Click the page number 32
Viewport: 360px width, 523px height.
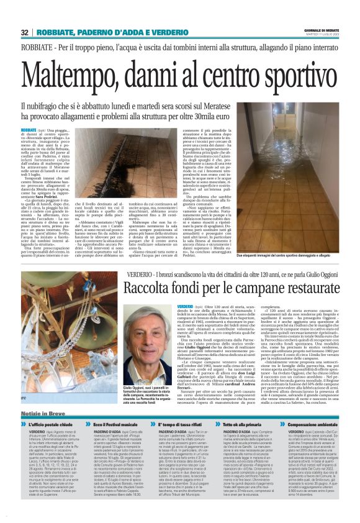[24, 32]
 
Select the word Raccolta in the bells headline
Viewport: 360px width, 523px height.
[150, 288]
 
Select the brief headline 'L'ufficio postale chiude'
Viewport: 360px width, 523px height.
[47, 424]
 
